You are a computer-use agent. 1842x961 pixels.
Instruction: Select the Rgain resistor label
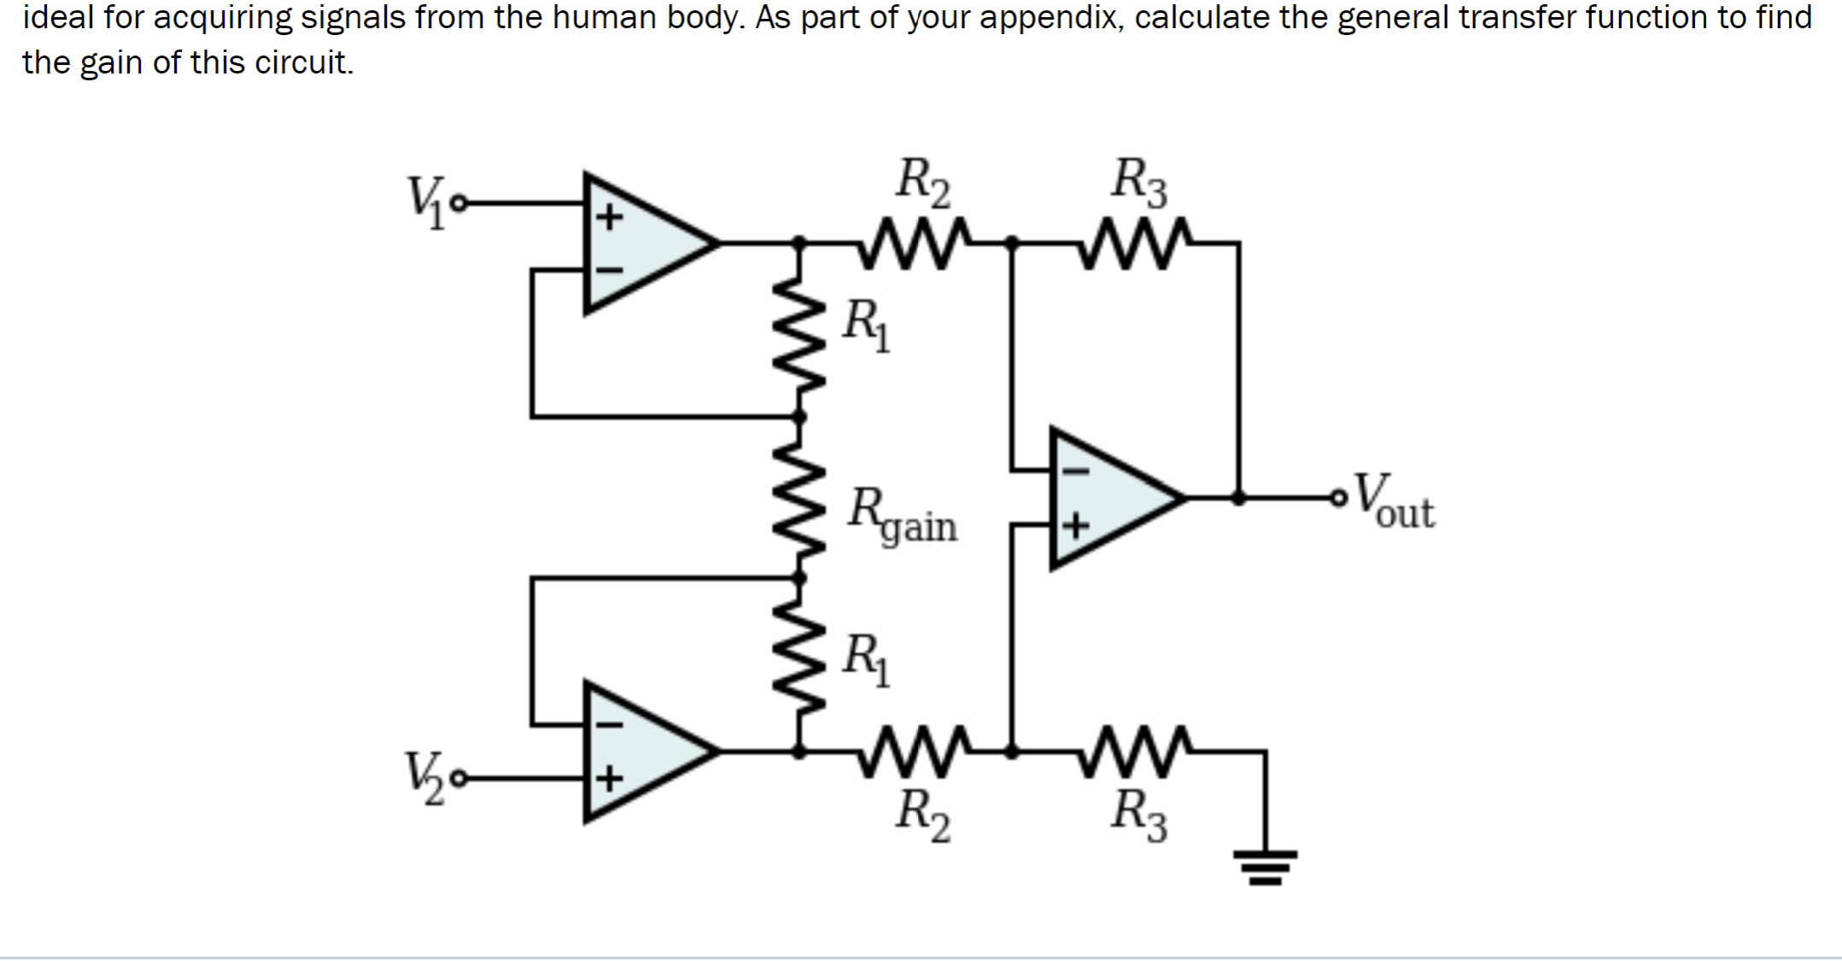tap(902, 515)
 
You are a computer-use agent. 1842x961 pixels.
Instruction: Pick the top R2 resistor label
tap(922, 183)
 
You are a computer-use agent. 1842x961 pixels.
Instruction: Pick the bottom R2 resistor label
tap(922, 816)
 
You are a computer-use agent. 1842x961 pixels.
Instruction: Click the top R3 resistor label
tap(1138, 183)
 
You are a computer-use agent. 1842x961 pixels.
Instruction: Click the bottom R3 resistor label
tap(1138, 816)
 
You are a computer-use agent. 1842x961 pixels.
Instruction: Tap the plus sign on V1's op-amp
tap(608, 217)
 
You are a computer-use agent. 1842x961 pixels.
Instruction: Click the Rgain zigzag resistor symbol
tap(800, 498)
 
